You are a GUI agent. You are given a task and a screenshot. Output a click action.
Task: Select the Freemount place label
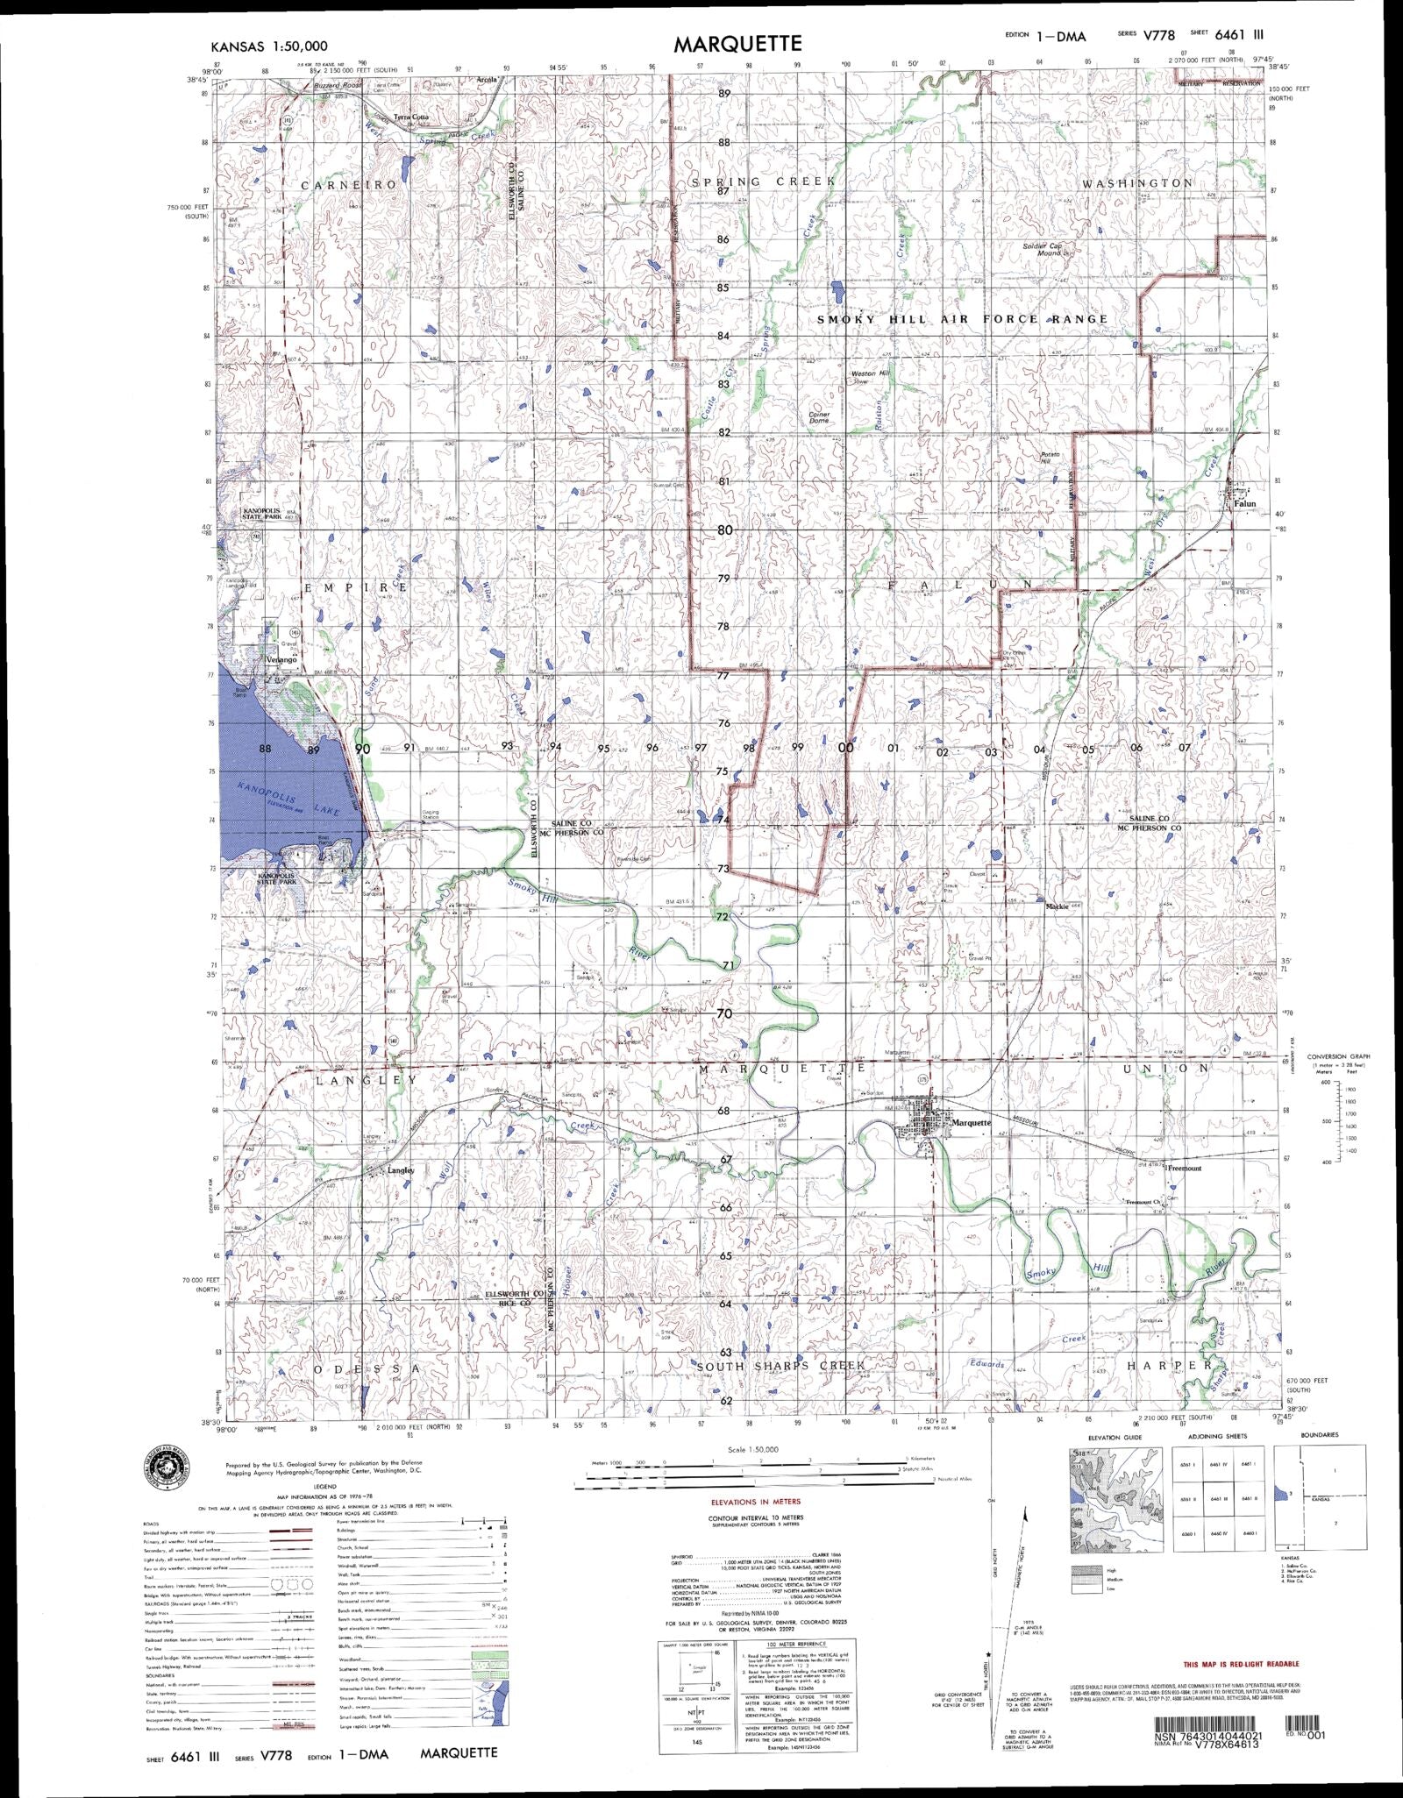1185,1168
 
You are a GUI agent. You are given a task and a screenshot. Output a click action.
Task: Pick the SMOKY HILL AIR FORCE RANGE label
962,319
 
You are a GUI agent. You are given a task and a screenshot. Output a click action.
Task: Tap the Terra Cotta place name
411,117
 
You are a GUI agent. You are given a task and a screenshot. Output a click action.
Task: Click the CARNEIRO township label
349,186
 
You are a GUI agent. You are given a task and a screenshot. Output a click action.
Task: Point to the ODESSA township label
361,1368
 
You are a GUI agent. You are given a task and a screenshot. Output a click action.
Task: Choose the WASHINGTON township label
1137,183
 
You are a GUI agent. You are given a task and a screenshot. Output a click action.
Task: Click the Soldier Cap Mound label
1043,248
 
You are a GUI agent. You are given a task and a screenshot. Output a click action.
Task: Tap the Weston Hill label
871,374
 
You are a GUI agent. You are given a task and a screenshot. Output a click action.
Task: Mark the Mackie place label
1056,906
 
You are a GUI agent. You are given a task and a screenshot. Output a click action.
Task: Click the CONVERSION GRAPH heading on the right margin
1338,1056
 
